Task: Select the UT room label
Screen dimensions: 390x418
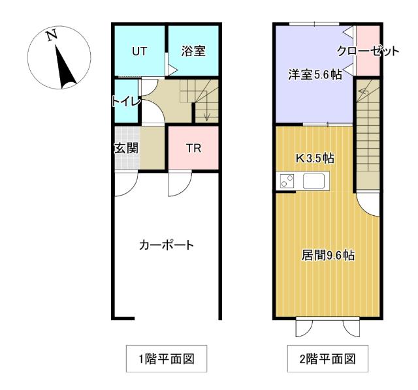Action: coord(139,51)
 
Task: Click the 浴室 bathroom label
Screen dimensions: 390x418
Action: coord(193,51)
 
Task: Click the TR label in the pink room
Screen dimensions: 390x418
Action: coord(193,148)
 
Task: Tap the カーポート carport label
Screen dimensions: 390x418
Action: coord(167,245)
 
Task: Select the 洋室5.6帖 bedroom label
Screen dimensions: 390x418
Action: coord(315,74)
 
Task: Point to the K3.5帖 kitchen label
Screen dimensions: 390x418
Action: coord(315,158)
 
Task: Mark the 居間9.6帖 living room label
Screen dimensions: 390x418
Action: coord(329,255)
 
